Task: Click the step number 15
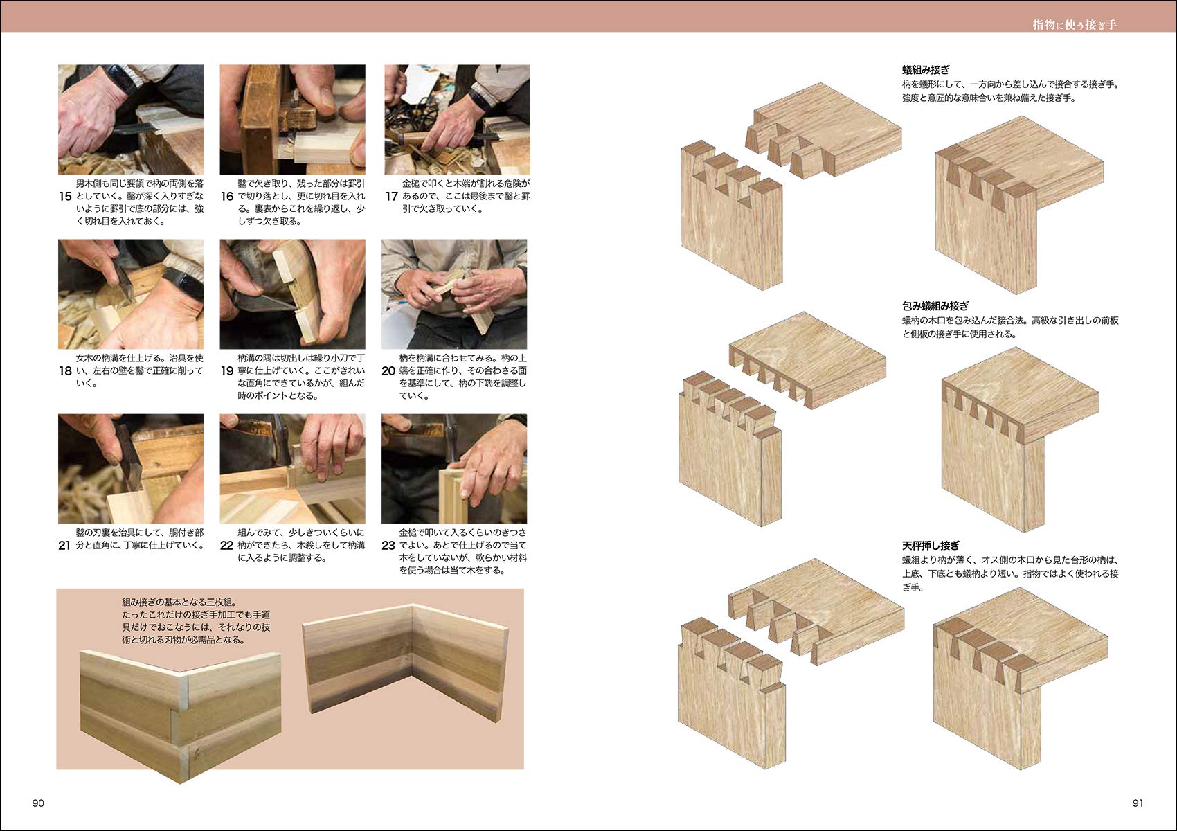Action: [65, 197]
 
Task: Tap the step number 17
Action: [391, 197]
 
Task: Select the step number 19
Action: [226, 371]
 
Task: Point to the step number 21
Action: [64, 546]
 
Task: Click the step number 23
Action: [388, 546]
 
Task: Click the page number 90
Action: [38, 803]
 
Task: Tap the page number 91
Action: [1138, 803]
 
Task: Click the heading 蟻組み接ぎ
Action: [926, 70]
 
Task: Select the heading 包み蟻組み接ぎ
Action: [935, 306]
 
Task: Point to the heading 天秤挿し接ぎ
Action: [931, 546]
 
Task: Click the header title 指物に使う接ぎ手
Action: [1074, 25]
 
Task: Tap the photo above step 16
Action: [293, 119]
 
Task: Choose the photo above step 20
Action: [454, 294]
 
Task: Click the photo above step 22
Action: [293, 469]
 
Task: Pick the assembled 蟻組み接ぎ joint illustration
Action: [1018, 205]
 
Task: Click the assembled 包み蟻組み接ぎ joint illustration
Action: [1019, 440]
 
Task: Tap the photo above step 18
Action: [131, 294]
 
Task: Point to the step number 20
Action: [388, 371]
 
